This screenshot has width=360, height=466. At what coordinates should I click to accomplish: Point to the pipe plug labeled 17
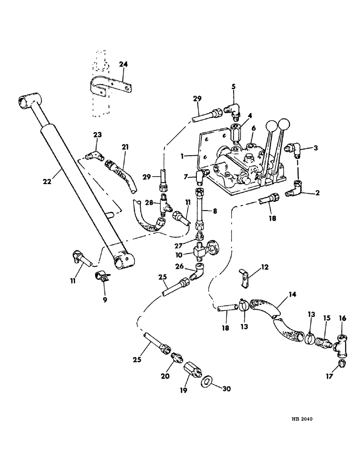coord(341,363)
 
